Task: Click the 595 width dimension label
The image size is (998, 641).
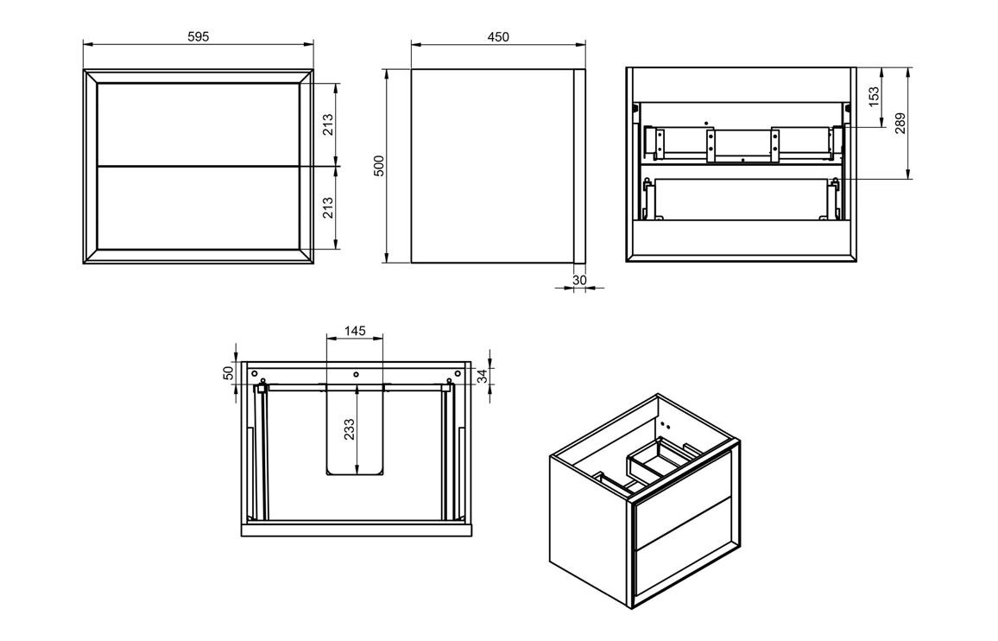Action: tap(199, 36)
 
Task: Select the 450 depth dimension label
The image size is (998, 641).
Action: tap(498, 36)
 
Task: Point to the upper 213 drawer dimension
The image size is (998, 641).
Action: tap(329, 124)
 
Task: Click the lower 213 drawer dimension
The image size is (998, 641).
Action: tap(329, 207)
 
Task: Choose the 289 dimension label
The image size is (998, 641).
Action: tap(900, 124)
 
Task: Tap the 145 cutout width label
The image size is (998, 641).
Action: tap(356, 331)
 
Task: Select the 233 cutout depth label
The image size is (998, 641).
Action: tap(350, 429)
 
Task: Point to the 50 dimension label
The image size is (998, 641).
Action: tap(229, 373)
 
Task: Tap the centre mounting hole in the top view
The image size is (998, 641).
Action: tap(356, 375)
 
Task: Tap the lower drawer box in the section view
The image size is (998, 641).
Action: tap(742, 199)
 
